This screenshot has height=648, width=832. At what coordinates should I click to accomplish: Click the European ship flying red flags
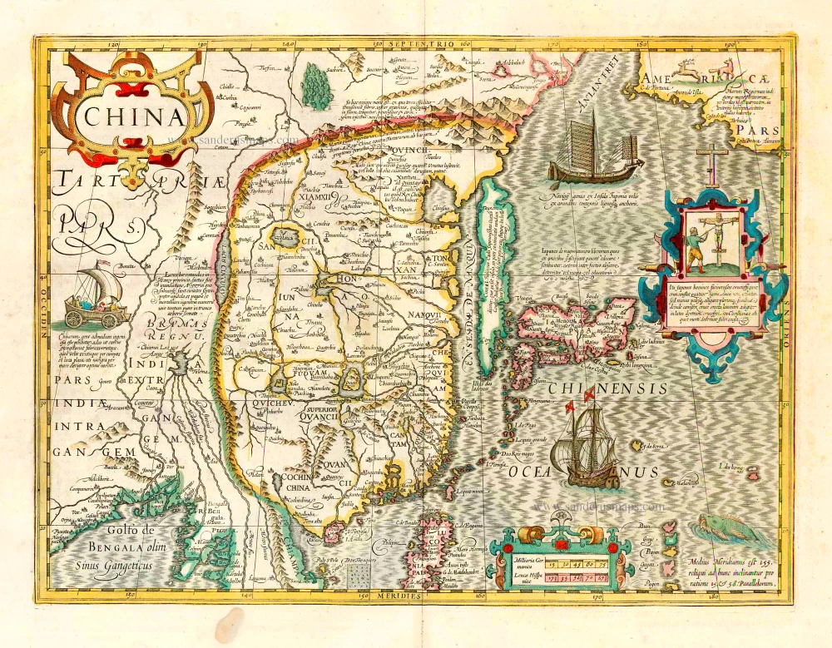[592, 442]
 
